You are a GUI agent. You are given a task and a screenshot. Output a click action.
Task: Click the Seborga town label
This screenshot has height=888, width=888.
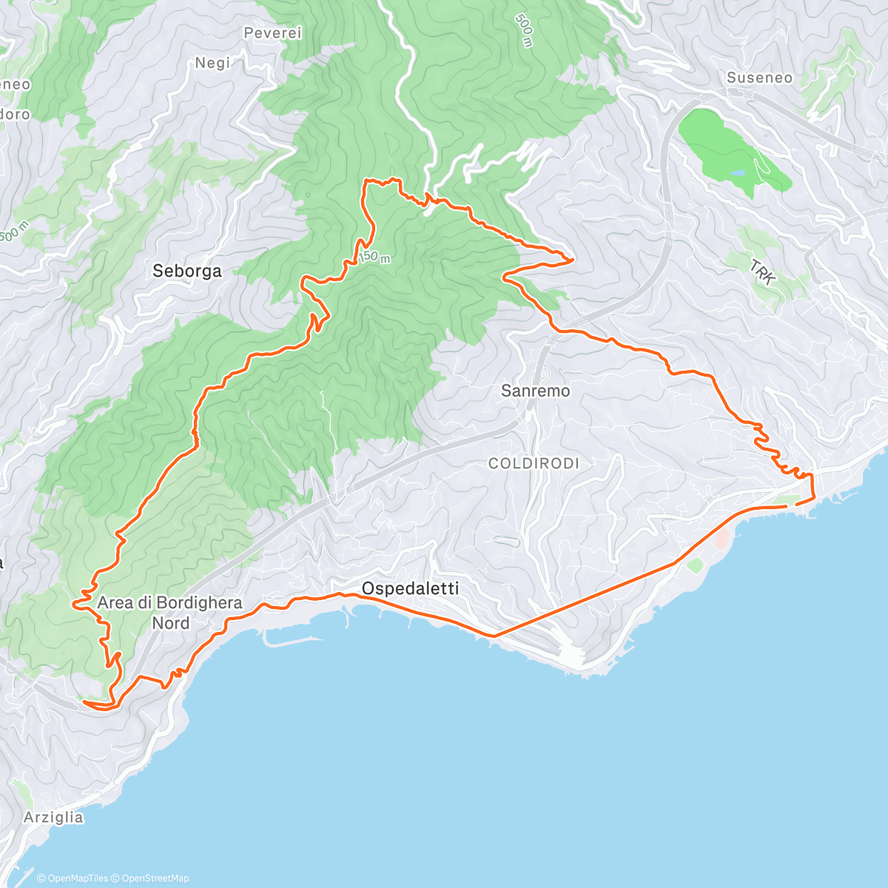pyautogui.click(x=186, y=271)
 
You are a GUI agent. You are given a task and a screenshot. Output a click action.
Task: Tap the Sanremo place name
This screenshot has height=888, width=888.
pyautogui.click(x=535, y=391)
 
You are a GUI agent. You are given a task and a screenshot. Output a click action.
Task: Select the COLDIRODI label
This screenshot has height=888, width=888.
pyautogui.click(x=534, y=463)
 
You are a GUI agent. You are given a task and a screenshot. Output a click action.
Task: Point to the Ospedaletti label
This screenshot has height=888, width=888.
pyautogui.click(x=410, y=589)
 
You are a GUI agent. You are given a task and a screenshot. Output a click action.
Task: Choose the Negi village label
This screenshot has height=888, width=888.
pyautogui.click(x=212, y=63)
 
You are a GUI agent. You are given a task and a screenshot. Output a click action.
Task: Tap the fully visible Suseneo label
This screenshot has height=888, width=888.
pyautogui.click(x=759, y=78)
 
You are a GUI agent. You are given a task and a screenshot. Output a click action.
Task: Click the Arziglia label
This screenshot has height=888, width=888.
pyautogui.click(x=53, y=818)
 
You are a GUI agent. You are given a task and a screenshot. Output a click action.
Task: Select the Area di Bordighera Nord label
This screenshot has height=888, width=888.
pyautogui.click(x=170, y=613)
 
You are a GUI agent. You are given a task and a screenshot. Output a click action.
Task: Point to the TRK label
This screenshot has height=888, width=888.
pyautogui.click(x=762, y=272)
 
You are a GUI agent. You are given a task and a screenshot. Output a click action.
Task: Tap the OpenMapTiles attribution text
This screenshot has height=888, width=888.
pyautogui.click(x=73, y=878)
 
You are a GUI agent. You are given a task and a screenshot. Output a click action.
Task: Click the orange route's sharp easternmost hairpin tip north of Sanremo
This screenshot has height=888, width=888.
pyautogui.click(x=573, y=259)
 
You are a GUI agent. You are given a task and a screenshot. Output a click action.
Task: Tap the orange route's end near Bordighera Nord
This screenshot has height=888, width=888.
pyautogui.click(x=84, y=702)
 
